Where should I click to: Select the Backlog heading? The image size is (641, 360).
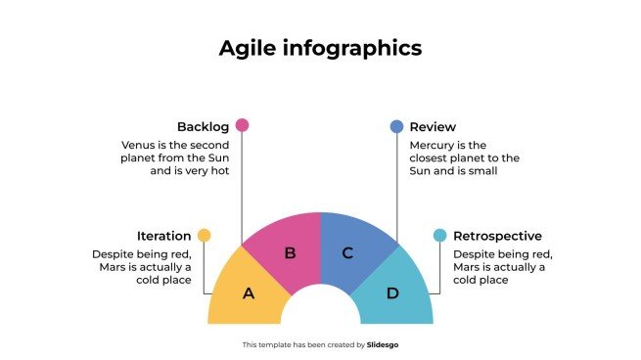pos(203,127)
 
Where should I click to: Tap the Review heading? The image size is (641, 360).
pos(433,127)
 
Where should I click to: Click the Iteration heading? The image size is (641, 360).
pos(163,236)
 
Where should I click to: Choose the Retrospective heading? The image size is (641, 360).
pos(497,236)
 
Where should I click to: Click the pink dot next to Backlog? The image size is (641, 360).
pos(243,125)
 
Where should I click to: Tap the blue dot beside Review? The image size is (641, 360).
pos(396,126)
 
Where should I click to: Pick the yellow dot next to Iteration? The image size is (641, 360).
pos(204,235)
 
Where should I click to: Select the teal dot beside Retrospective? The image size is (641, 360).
pos(439,235)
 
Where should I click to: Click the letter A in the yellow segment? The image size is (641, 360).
pos(249,292)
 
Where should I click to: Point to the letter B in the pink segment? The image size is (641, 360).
pos(290,253)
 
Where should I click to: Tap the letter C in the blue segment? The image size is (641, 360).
pos(347,253)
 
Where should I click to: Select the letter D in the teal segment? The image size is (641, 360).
pos(391,292)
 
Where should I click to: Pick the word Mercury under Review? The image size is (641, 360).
pos(433,145)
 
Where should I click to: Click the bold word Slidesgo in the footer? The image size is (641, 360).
pos(383,344)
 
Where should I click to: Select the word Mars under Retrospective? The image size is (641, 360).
pos(468,267)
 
